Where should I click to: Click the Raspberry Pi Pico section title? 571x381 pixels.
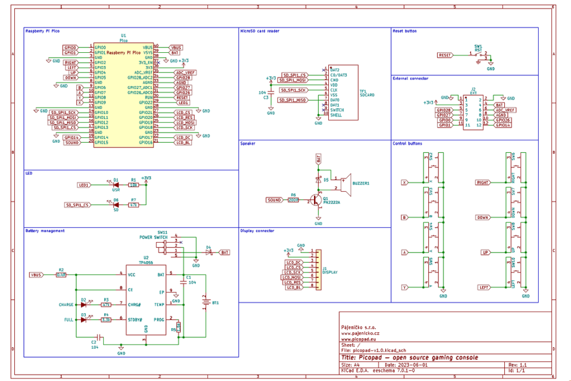pos(42,31)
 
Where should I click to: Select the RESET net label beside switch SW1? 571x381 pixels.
pos(445,55)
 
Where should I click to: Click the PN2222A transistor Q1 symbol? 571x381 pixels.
pos(316,200)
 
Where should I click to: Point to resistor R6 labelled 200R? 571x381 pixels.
pos(293,200)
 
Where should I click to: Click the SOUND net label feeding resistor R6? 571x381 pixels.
pos(274,200)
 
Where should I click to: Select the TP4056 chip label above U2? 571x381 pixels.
pos(145,262)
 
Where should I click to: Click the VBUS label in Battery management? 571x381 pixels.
pos(36,275)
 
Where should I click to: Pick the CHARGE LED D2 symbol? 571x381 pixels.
pos(83,305)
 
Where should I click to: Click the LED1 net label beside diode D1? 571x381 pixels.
pos(84,185)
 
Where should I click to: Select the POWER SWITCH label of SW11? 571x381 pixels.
pos(153,237)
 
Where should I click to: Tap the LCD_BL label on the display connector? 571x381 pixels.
pos(293,287)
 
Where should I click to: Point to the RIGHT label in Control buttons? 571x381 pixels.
pos(483,183)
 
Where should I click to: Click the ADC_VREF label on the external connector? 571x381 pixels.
pos(505,110)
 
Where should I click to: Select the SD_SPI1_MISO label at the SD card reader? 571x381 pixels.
pos(292,100)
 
